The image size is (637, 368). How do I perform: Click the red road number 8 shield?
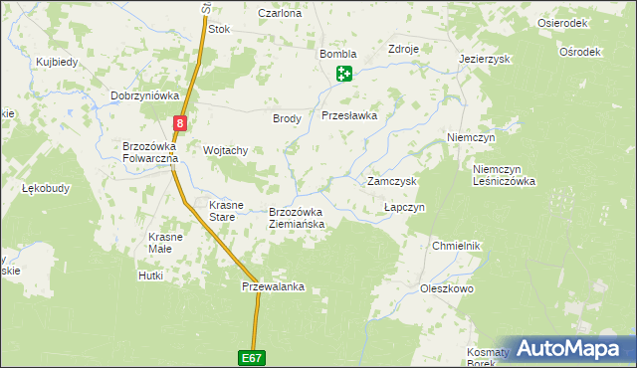click(179, 123)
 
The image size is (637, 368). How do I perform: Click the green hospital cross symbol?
click(344, 73)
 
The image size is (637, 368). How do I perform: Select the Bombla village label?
click(337, 55)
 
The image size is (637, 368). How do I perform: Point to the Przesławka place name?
click(349, 115)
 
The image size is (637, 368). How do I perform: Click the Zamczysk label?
click(391, 182)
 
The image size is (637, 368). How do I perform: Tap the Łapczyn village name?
click(405, 207)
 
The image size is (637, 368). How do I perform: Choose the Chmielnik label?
click(457, 246)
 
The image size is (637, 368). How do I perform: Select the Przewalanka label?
click(273, 287)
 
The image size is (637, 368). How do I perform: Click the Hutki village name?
click(151, 276)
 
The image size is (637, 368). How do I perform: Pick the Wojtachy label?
click(225, 150)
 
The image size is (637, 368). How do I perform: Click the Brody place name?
click(287, 118)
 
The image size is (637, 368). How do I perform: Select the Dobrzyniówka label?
click(145, 95)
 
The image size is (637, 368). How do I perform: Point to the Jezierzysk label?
click(485, 60)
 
